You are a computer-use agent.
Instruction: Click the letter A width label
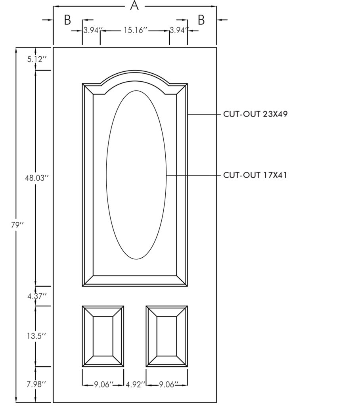[135, 6]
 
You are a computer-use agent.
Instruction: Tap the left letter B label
[67, 20]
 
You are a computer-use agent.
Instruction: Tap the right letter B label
[201, 20]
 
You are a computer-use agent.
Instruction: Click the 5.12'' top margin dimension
[37, 59]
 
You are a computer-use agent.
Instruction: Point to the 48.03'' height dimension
[36, 178]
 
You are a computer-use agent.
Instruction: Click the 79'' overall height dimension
[17, 225]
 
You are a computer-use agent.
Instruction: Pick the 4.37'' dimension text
[37, 296]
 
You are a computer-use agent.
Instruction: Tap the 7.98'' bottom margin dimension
[37, 384]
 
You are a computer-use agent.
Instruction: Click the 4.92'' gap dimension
[135, 384]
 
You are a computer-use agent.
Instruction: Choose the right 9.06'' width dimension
[167, 384]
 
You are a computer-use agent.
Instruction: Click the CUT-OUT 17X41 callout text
[255, 175]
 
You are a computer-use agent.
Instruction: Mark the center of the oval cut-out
[136, 175]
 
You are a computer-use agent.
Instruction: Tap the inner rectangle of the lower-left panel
[103, 336]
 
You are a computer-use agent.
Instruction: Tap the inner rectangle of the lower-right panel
[167, 336]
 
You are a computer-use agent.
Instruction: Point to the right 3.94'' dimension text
[179, 31]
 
